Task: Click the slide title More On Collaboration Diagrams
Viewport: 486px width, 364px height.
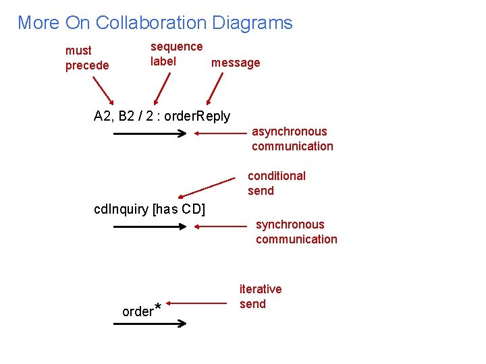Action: click(x=155, y=23)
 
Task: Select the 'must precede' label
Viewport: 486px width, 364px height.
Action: click(x=87, y=58)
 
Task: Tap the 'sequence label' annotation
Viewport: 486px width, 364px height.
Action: click(x=176, y=54)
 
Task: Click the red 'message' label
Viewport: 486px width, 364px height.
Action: click(x=236, y=63)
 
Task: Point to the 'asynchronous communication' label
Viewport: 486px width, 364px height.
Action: click(x=292, y=139)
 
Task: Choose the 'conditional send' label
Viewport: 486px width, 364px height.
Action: click(x=276, y=183)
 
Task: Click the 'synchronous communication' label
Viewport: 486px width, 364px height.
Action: click(x=296, y=232)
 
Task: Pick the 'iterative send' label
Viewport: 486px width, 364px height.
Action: click(x=261, y=297)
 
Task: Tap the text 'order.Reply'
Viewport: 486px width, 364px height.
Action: click(x=197, y=116)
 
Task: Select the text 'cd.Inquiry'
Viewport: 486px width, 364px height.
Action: click(x=121, y=209)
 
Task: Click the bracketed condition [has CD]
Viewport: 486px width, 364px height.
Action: click(x=179, y=209)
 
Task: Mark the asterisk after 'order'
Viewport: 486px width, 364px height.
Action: click(x=158, y=308)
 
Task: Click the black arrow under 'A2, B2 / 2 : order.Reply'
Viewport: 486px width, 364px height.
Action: click(x=149, y=133)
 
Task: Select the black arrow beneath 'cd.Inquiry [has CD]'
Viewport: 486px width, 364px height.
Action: click(x=149, y=227)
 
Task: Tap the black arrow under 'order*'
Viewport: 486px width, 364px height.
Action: click(x=149, y=324)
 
